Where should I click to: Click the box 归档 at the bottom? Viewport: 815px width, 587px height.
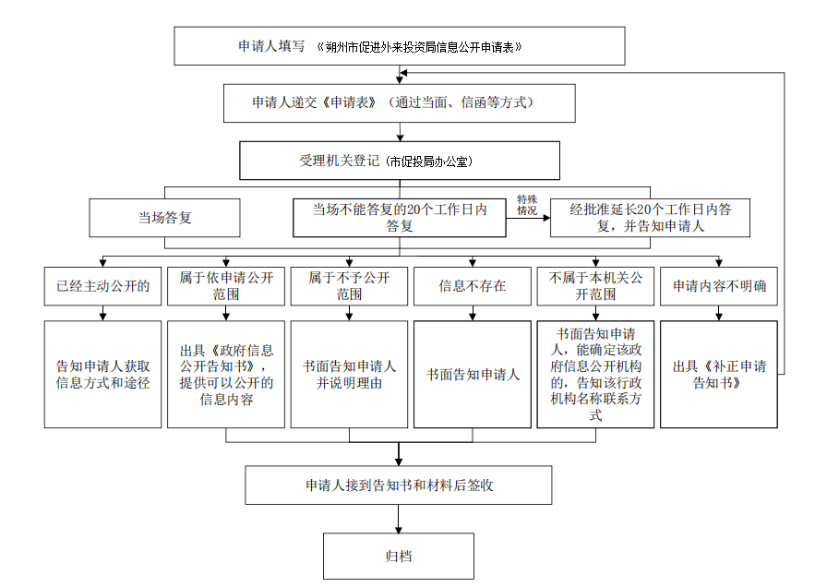[399, 556]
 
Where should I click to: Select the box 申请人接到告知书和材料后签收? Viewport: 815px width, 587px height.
[399, 485]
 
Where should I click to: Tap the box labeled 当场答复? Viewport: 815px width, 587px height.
[165, 218]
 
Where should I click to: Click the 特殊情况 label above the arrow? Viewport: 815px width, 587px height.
[527, 206]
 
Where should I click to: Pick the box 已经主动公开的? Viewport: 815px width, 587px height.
[103, 286]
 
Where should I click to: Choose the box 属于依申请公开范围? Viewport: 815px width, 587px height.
[226, 286]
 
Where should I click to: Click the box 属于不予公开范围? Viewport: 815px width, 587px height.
[349, 286]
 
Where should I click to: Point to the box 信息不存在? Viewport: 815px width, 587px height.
[473, 286]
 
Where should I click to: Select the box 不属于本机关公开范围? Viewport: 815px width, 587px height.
[595, 286]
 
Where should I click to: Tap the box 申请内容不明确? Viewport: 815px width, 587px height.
[719, 286]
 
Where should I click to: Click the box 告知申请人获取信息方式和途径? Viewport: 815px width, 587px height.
[103, 375]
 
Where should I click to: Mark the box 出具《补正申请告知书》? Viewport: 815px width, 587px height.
[719, 375]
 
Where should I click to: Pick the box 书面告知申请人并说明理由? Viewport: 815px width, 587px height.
[349, 375]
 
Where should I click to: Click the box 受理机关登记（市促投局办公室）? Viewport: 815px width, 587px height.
[400, 161]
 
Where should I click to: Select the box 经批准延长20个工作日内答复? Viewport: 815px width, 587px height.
[650, 218]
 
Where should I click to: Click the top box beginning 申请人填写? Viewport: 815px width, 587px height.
[400, 46]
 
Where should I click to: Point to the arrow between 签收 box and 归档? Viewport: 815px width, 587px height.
[399, 519]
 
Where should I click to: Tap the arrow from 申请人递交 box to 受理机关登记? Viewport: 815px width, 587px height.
[400, 132]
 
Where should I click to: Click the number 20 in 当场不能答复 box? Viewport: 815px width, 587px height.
[413, 210]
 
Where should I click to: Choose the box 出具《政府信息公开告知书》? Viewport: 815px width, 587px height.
[226, 375]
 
